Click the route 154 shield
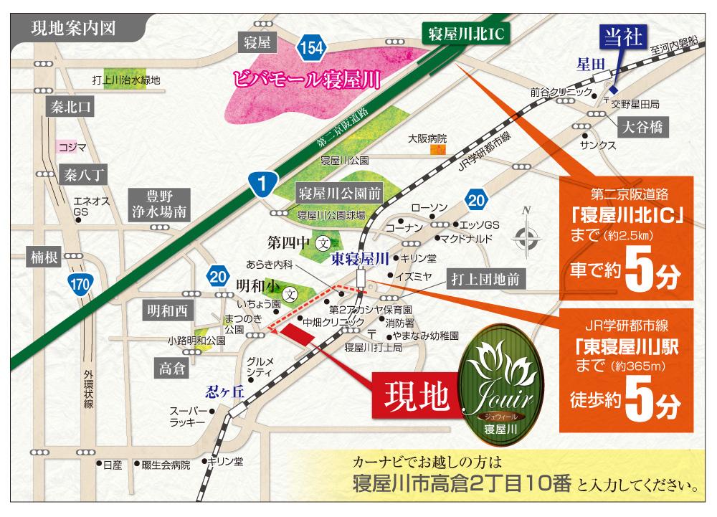point(313,48)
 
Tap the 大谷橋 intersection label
point(642,127)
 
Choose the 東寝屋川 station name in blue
point(359,257)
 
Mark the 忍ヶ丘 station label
point(225,391)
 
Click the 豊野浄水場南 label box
point(159,204)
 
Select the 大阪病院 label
point(427,138)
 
